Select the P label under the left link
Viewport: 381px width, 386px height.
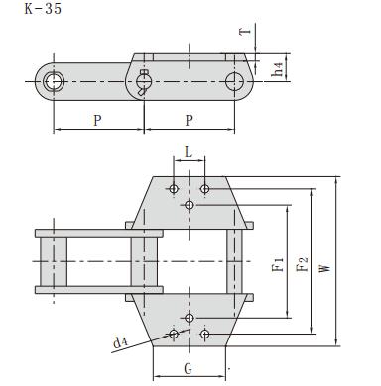(97, 121)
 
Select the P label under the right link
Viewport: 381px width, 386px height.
(190, 121)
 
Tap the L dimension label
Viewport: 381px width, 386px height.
(190, 156)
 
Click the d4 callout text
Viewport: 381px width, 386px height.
(120, 342)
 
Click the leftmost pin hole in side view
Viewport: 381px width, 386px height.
(53, 80)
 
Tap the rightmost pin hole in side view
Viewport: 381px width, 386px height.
(235, 80)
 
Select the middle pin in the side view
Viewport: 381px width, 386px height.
(145, 79)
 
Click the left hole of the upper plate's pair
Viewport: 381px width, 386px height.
(174, 188)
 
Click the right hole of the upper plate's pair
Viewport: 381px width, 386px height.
(205, 188)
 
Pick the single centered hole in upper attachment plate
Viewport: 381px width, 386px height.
(190, 205)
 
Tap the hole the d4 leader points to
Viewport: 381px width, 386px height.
(174, 334)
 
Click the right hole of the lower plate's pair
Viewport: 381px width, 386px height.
(205, 334)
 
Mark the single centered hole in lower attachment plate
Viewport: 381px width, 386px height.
(190, 317)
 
